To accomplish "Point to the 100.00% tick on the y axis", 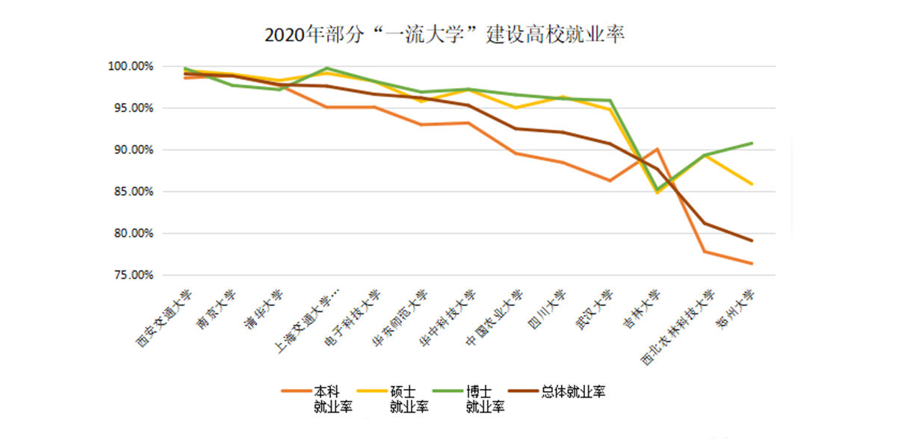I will (x=131, y=66).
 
